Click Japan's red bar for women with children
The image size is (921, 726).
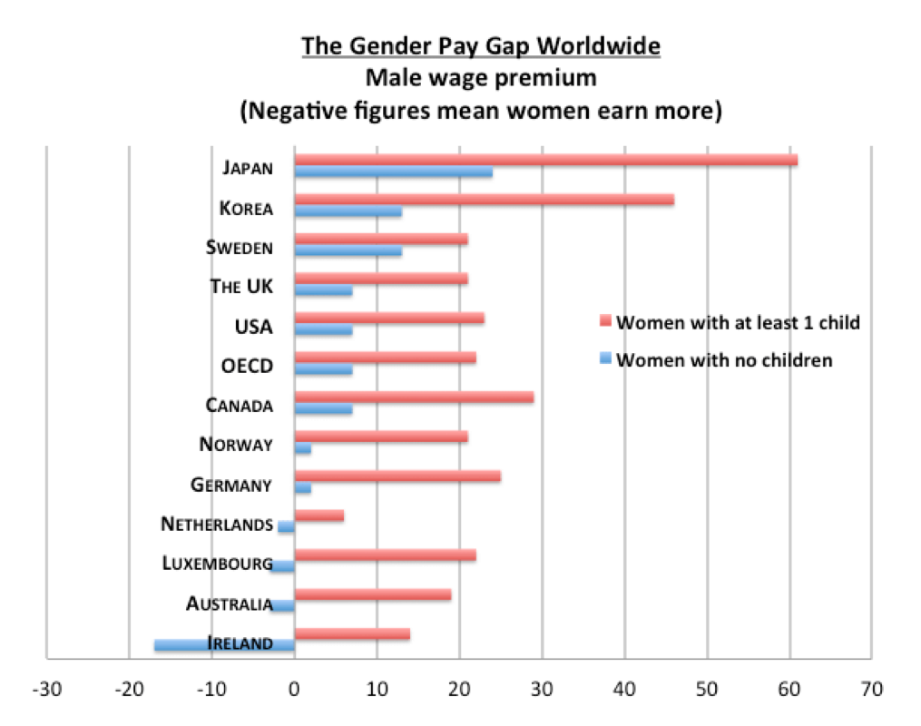[x=546, y=160]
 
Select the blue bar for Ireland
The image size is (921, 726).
[x=224, y=645]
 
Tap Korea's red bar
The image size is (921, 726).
[x=485, y=200]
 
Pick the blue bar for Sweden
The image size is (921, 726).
[x=348, y=250]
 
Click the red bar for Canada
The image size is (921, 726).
[x=414, y=397]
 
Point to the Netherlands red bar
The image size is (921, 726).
[x=318, y=515]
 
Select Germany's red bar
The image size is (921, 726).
[x=397, y=476]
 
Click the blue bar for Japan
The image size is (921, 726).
[x=394, y=172]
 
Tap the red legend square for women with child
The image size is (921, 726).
[x=605, y=320]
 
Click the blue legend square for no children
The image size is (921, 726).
[x=605, y=358]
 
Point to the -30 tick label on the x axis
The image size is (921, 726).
[x=47, y=689]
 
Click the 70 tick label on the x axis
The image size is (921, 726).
[x=872, y=689]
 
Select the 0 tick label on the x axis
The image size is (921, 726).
[x=294, y=689]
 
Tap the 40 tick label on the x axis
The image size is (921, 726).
[x=624, y=689]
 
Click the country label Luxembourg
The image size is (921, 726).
[x=218, y=564]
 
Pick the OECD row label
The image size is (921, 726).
[x=247, y=366]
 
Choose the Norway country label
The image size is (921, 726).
[x=236, y=445]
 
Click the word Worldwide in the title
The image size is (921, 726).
[x=599, y=45]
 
